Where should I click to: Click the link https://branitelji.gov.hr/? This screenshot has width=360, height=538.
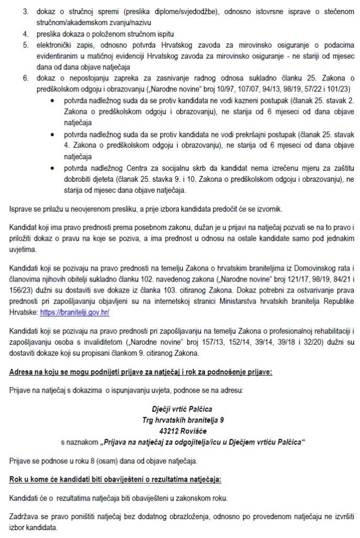coord(75,312)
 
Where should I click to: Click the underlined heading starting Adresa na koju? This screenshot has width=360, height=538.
coord(141,373)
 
